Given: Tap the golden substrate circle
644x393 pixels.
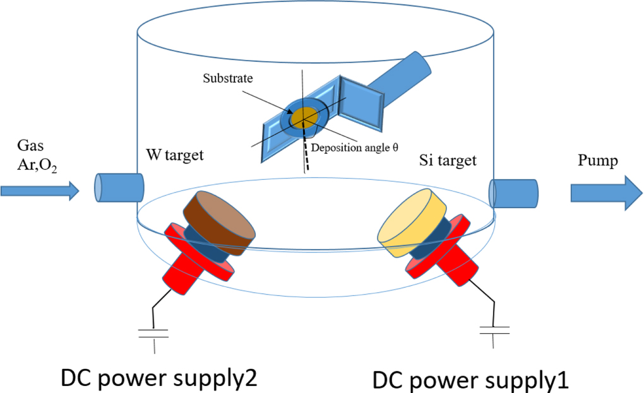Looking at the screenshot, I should pos(302,117).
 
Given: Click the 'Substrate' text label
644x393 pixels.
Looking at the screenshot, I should pos(228,79).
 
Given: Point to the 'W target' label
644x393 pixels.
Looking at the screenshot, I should pos(175,155).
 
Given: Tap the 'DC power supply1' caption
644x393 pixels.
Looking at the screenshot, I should pos(471,378).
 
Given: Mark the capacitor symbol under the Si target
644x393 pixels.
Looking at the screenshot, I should pos(492,329).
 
